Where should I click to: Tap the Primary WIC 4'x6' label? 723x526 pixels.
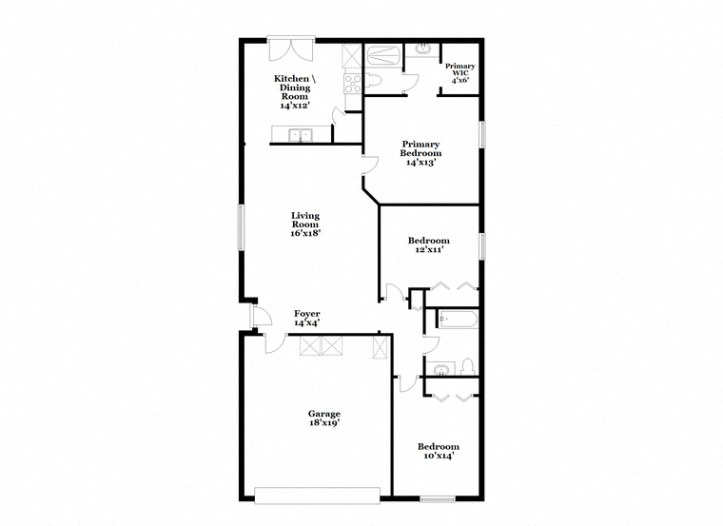(x=459, y=73)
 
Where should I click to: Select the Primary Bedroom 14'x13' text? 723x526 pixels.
(x=420, y=153)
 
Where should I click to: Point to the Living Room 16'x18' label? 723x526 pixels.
(x=305, y=224)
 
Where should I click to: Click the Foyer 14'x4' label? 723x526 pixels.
(x=307, y=318)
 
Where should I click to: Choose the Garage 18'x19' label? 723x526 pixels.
(x=324, y=419)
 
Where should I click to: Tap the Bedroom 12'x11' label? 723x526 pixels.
(x=429, y=244)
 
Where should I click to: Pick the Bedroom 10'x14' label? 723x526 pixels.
(x=439, y=451)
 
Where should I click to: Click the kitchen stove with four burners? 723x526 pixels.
(x=353, y=84)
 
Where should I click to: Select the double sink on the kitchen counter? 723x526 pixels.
(x=301, y=135)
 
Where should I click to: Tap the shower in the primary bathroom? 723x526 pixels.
(x=383, y=56)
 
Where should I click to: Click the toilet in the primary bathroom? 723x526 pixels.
(x=373, y=80)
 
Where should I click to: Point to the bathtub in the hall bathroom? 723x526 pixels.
(x=458, y=319)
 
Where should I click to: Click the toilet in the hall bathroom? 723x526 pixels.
(x=468, y=366)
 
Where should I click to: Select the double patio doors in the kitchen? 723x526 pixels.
(x=291, y=49)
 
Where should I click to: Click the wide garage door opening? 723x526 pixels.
(x=317, y=496)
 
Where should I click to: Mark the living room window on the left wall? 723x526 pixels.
(x=241, y=227)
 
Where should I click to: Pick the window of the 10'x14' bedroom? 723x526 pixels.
(x=438, y=498)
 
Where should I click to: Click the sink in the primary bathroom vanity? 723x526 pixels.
(x=422, y=49)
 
